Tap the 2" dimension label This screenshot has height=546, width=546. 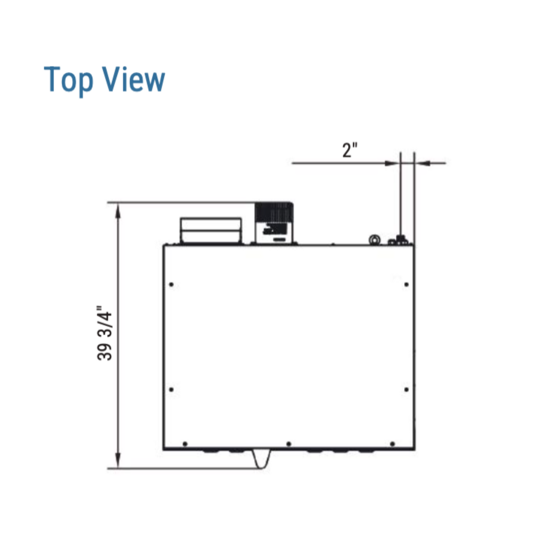point(350,150)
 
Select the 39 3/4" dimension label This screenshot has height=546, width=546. point(105,333)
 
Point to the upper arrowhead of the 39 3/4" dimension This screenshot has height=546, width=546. point(118,211)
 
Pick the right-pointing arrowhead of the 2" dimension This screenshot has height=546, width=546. point(392,163)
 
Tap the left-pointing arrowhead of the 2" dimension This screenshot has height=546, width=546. point(422,163)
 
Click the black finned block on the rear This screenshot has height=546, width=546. point(274,212)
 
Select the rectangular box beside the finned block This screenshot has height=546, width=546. point(211,230)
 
